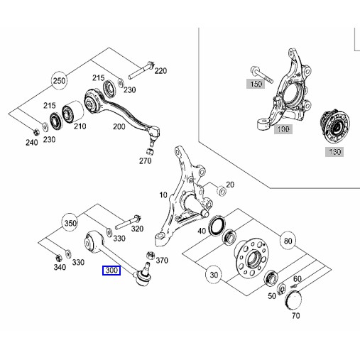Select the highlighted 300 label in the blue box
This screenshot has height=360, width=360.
click(112, 271)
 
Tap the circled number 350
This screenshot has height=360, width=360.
click(70, 222)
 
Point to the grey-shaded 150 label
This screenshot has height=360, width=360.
click(254, 84)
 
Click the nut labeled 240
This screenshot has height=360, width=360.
click(35, 131)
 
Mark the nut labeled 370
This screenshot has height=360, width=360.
click(149, 255)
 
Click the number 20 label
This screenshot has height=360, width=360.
click(229, 186)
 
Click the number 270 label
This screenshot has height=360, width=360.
click(146, 161)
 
